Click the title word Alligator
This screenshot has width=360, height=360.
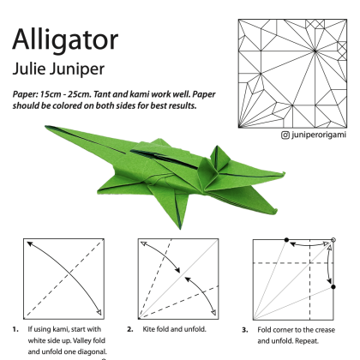pos(65,40)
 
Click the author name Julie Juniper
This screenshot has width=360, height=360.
pos(58,69)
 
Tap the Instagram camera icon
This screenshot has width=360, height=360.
pos(285,135)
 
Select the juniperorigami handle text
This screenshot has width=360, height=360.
pos(319,135)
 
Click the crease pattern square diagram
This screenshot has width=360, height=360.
pos(292,74)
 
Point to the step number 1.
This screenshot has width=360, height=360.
pos(15,329)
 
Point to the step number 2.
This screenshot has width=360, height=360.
pos(130,329)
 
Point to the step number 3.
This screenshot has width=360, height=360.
pos(245,330)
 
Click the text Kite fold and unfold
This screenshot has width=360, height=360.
pos(174,329)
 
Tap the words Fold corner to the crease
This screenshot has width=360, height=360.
pos(296,330)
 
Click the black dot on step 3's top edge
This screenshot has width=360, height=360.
pos(286,240)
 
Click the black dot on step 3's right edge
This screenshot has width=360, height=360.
pos(333,286)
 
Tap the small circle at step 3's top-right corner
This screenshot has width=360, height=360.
pos(333,240)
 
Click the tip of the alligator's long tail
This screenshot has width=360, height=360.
pos(46,126)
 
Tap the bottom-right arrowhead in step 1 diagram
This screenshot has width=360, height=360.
pos(99,312)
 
